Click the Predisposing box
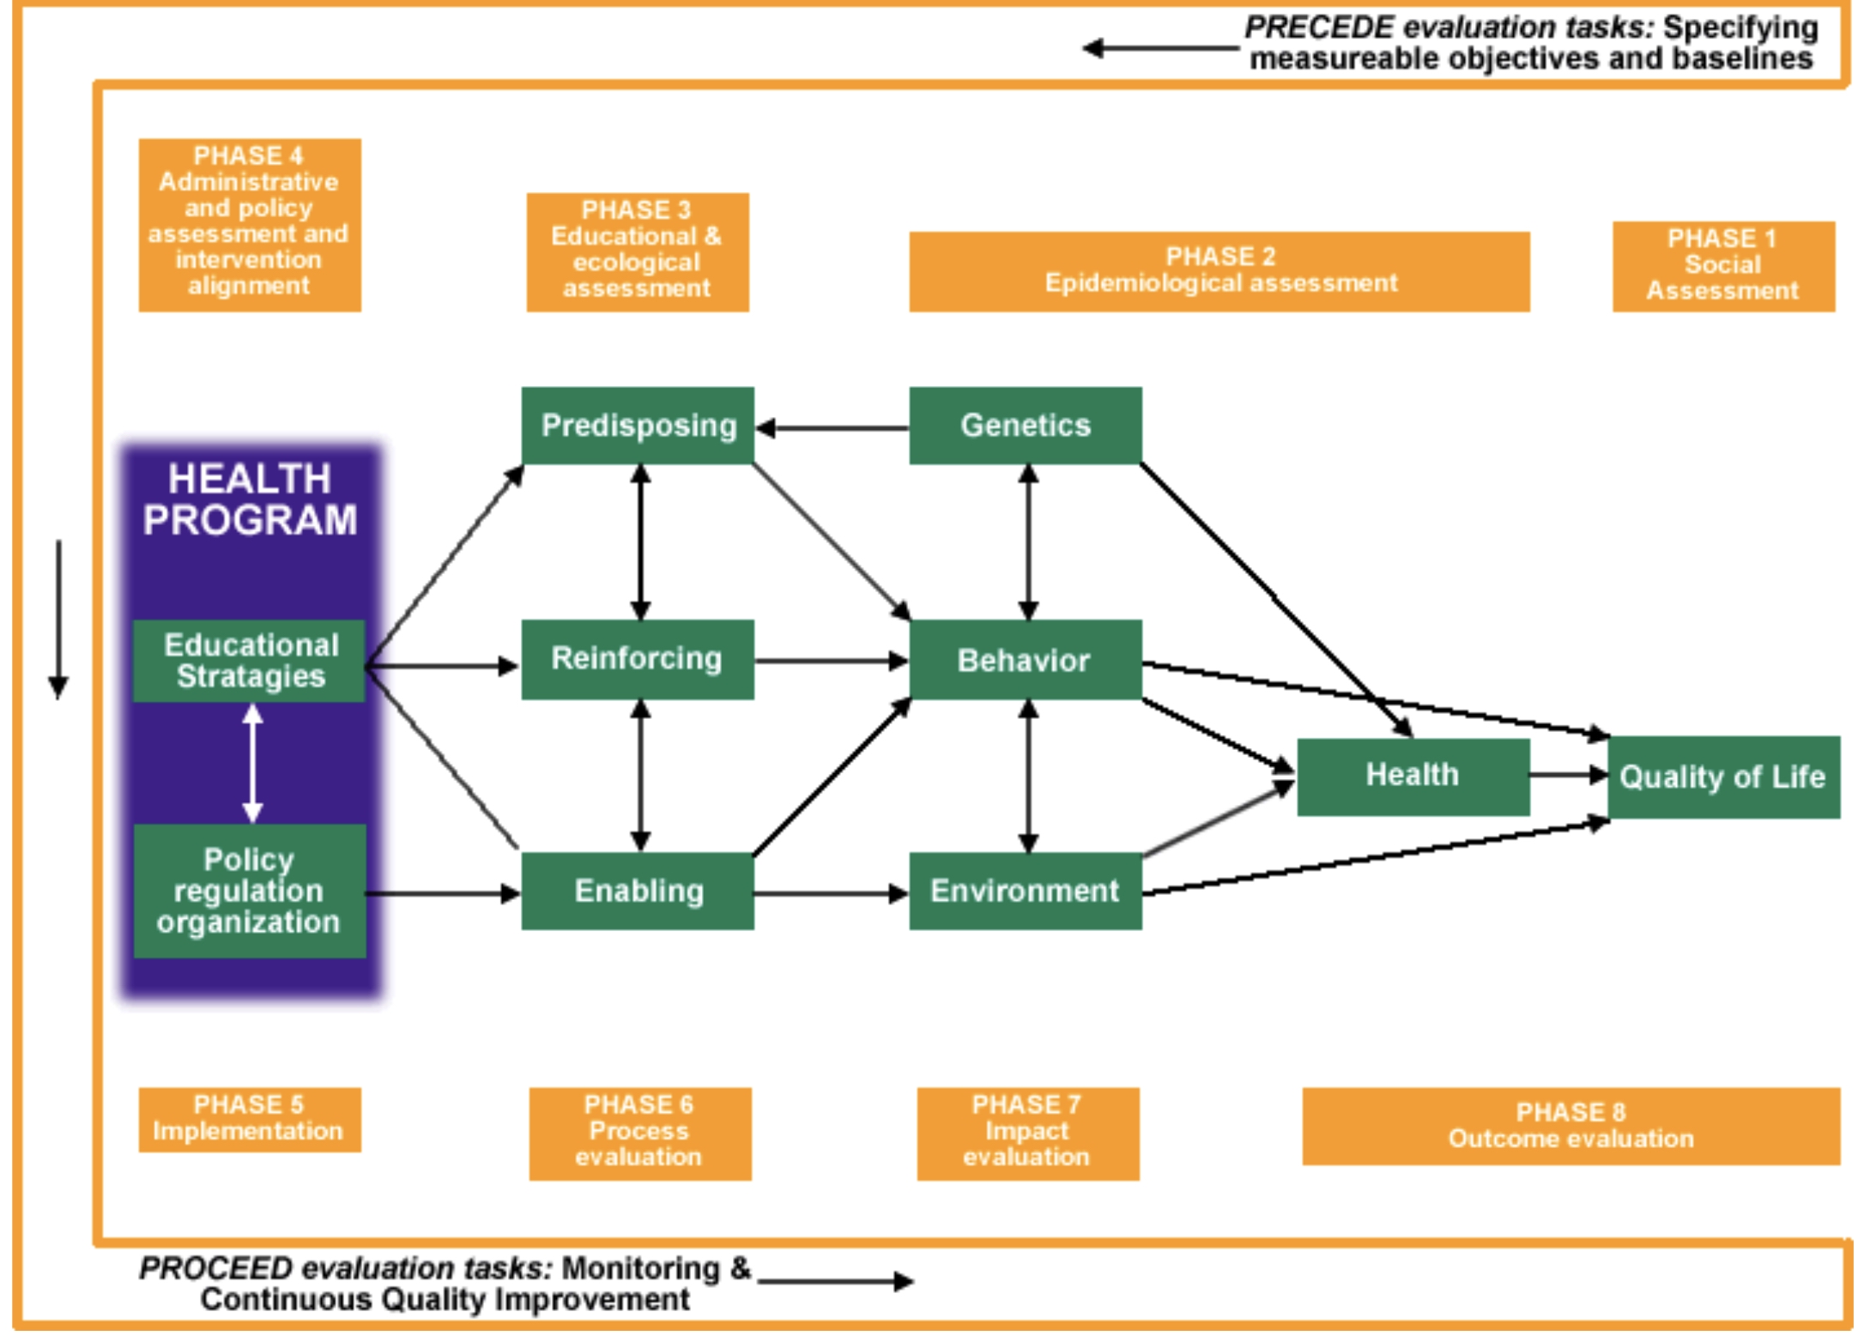[x=638, y=426]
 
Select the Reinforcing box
[x=638, y=659]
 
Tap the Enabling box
[x=638, y=891]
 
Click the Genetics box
[x=1026, y=426]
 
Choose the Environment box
[x=1026, y=891]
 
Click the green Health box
[x=1413, y=776]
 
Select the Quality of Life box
[x=1723, y=777]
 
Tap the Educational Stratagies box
[x=250, y=661]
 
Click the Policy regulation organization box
[x=250, y=891]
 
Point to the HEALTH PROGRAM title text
[x=250, y=499]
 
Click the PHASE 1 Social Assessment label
[x=1723, y=265]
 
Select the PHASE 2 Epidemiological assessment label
[x=1219, y=270]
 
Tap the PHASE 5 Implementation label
[x=250, y=1119]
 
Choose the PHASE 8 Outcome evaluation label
[x=1570, y=1126]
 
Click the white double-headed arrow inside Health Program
[x=252, y=763]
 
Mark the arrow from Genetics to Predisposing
[x=832, y=428]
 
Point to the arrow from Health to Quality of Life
[x=1568, y=775]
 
